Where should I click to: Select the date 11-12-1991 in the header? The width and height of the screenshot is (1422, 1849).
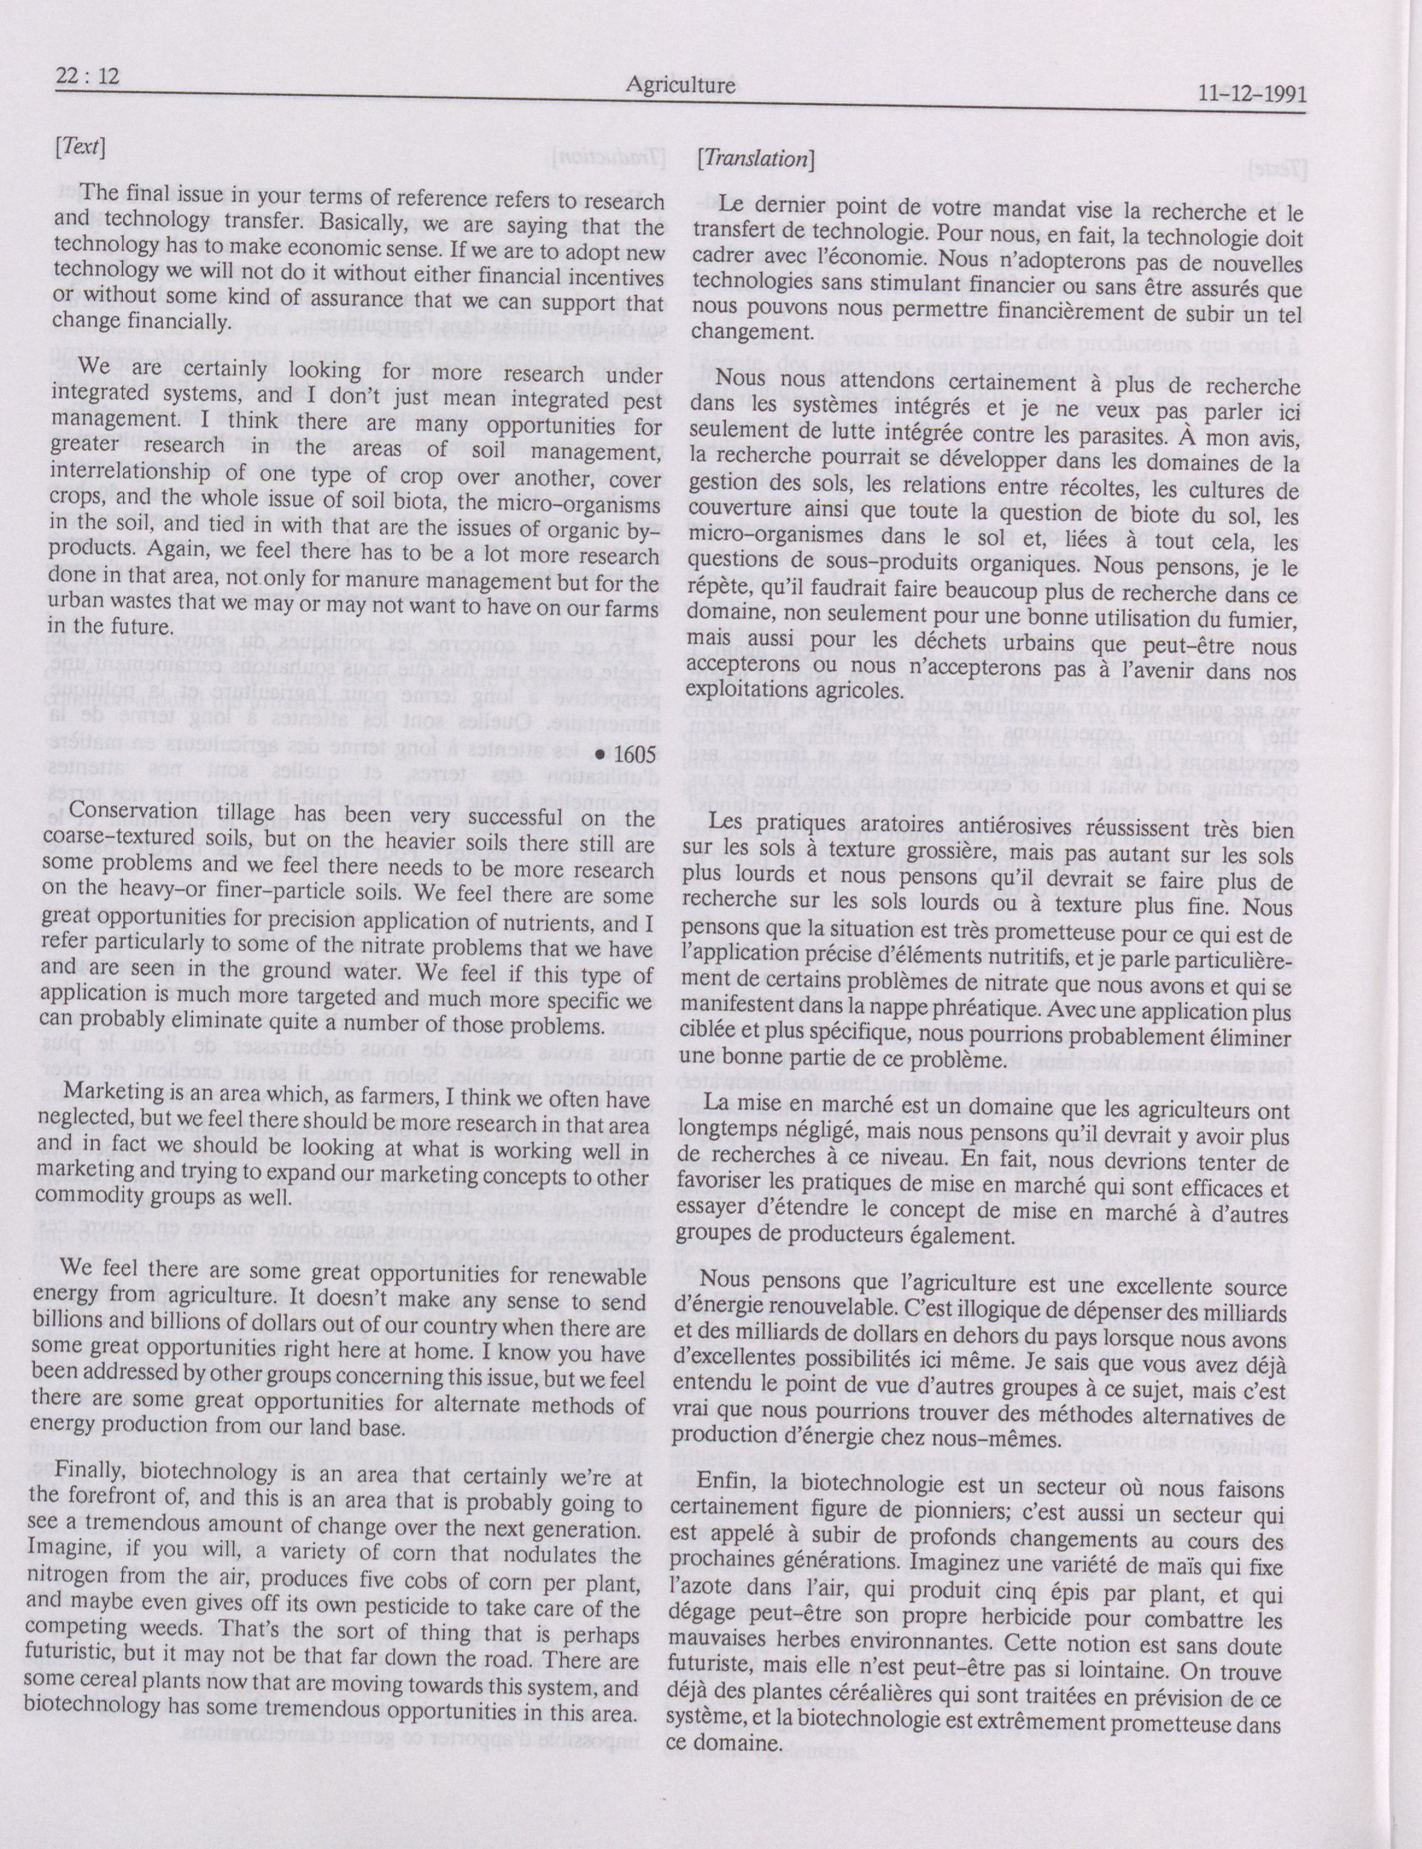click(1252, 95)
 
